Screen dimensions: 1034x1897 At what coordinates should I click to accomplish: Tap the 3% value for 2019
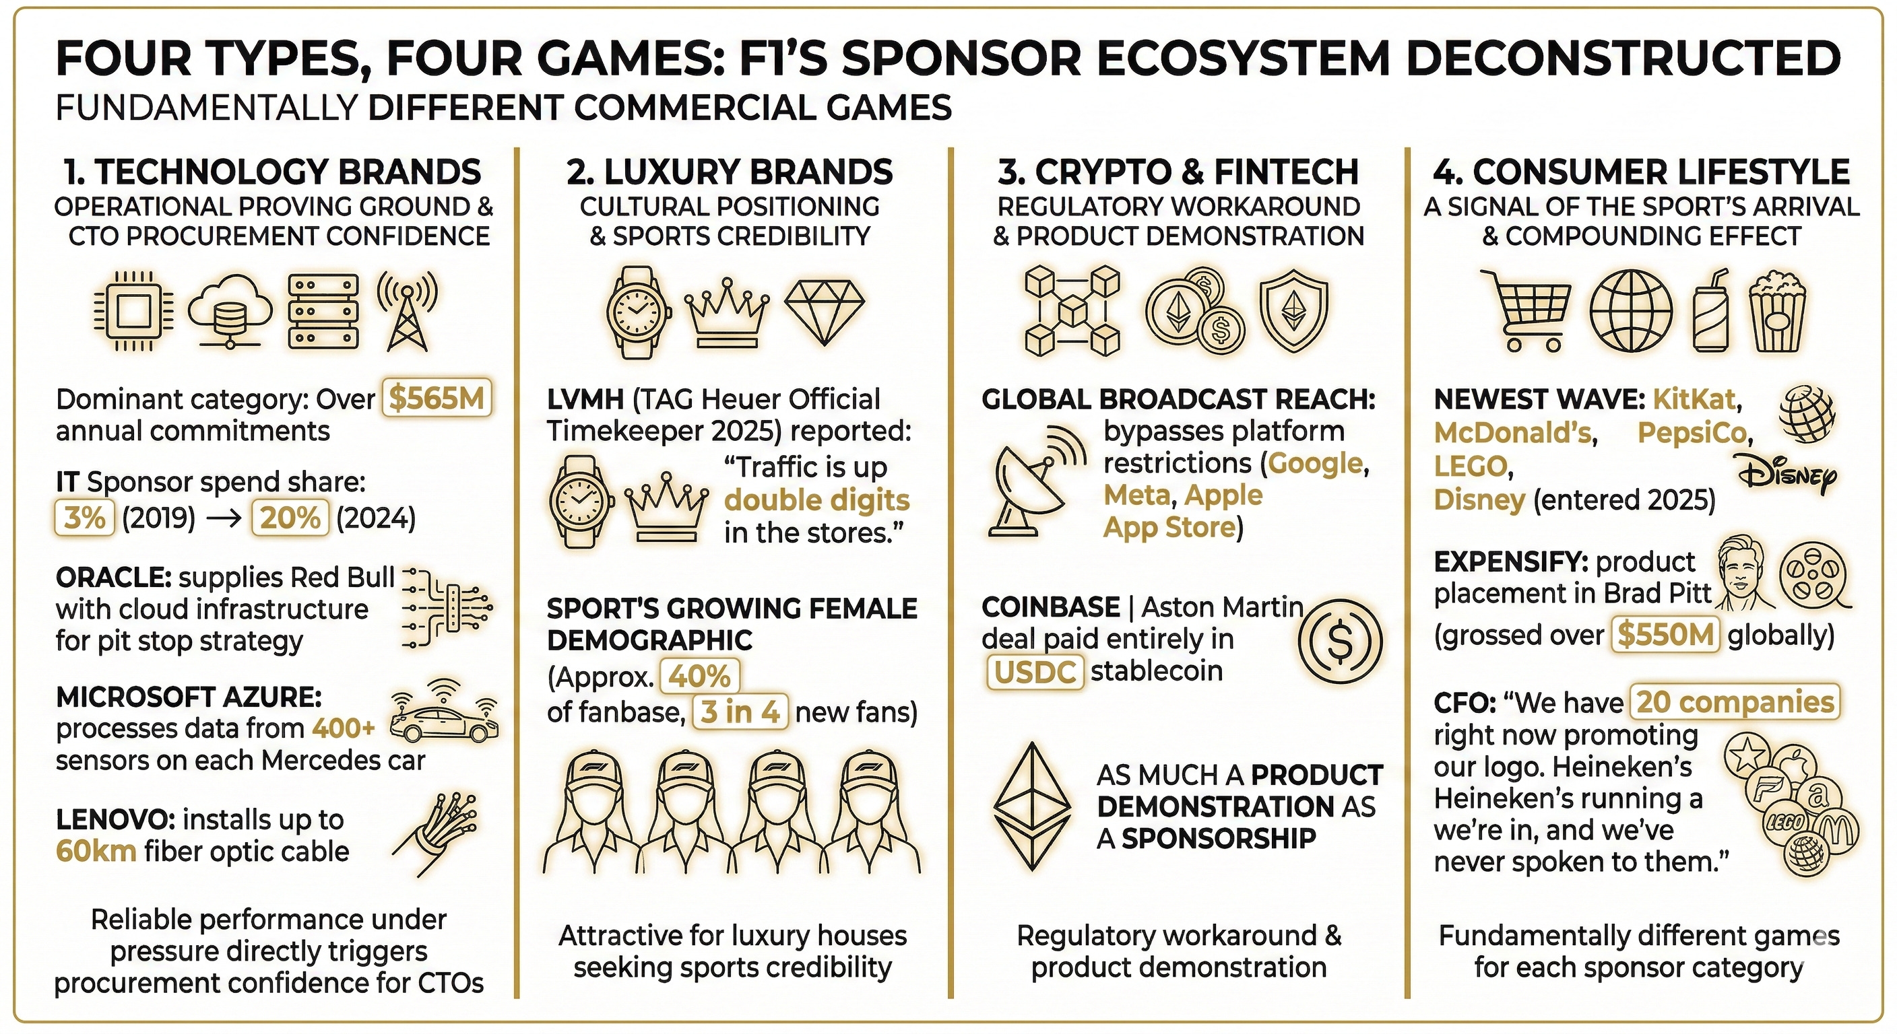85,518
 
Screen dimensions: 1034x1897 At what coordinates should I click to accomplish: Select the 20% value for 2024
290,518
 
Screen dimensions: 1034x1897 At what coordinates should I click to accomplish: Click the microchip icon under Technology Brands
134,311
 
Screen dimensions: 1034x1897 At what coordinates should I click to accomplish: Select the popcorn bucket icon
1778,311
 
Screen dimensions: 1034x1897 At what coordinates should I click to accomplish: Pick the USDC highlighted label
1035,672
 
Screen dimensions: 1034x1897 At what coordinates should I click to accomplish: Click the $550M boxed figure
1665,634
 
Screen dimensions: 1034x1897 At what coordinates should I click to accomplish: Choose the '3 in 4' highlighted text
740,712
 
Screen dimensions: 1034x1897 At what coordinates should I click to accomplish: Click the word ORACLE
112,577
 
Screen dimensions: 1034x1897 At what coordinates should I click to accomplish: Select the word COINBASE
1050,607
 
